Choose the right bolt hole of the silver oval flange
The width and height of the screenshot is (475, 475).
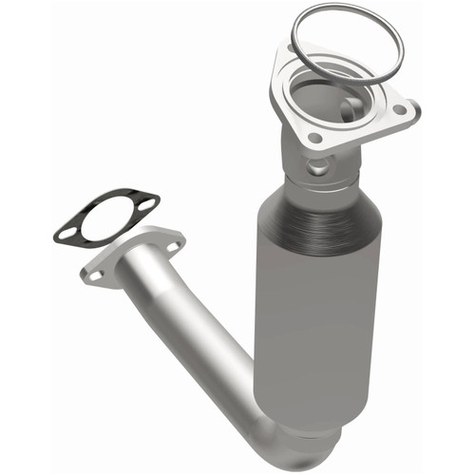(173, 244)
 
